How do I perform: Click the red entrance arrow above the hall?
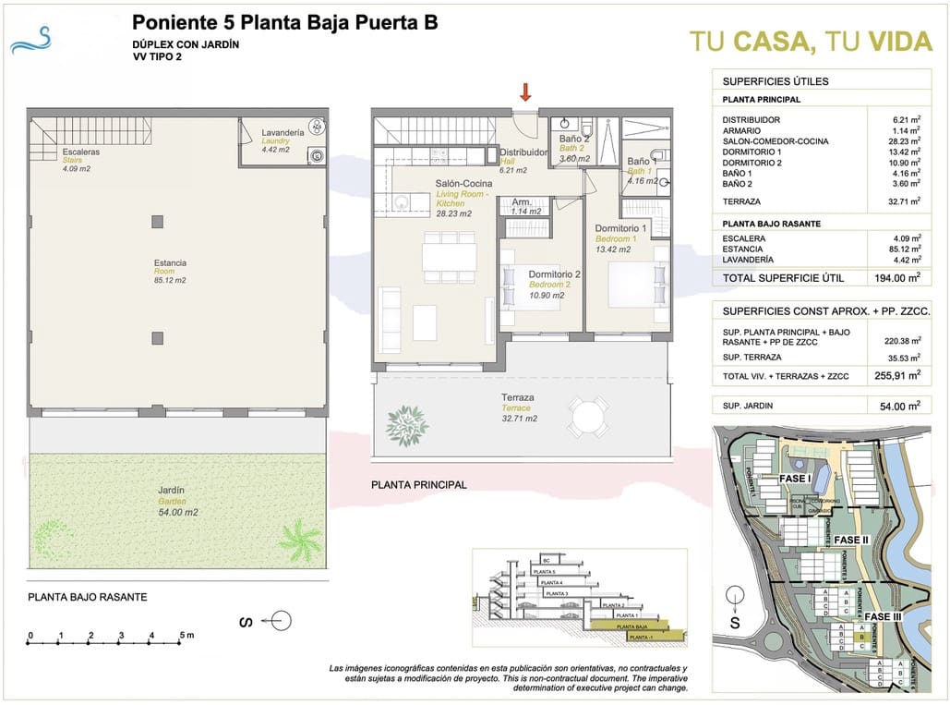(525, 91)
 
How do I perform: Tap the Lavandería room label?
(283, 132)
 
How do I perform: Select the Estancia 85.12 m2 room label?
(170, 263)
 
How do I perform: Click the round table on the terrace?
(588, 418)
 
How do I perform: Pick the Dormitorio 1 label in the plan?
(620, 228)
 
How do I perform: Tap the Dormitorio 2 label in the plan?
(554, 274)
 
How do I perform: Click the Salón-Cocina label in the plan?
(463, 184)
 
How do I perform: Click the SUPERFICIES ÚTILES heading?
(763, 81)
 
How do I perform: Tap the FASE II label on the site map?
(850, 540)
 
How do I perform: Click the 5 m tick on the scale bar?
(183, 635)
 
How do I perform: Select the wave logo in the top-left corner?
(34, 40)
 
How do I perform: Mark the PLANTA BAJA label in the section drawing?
(634, 626)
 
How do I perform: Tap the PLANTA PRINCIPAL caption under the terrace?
(418, 484)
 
